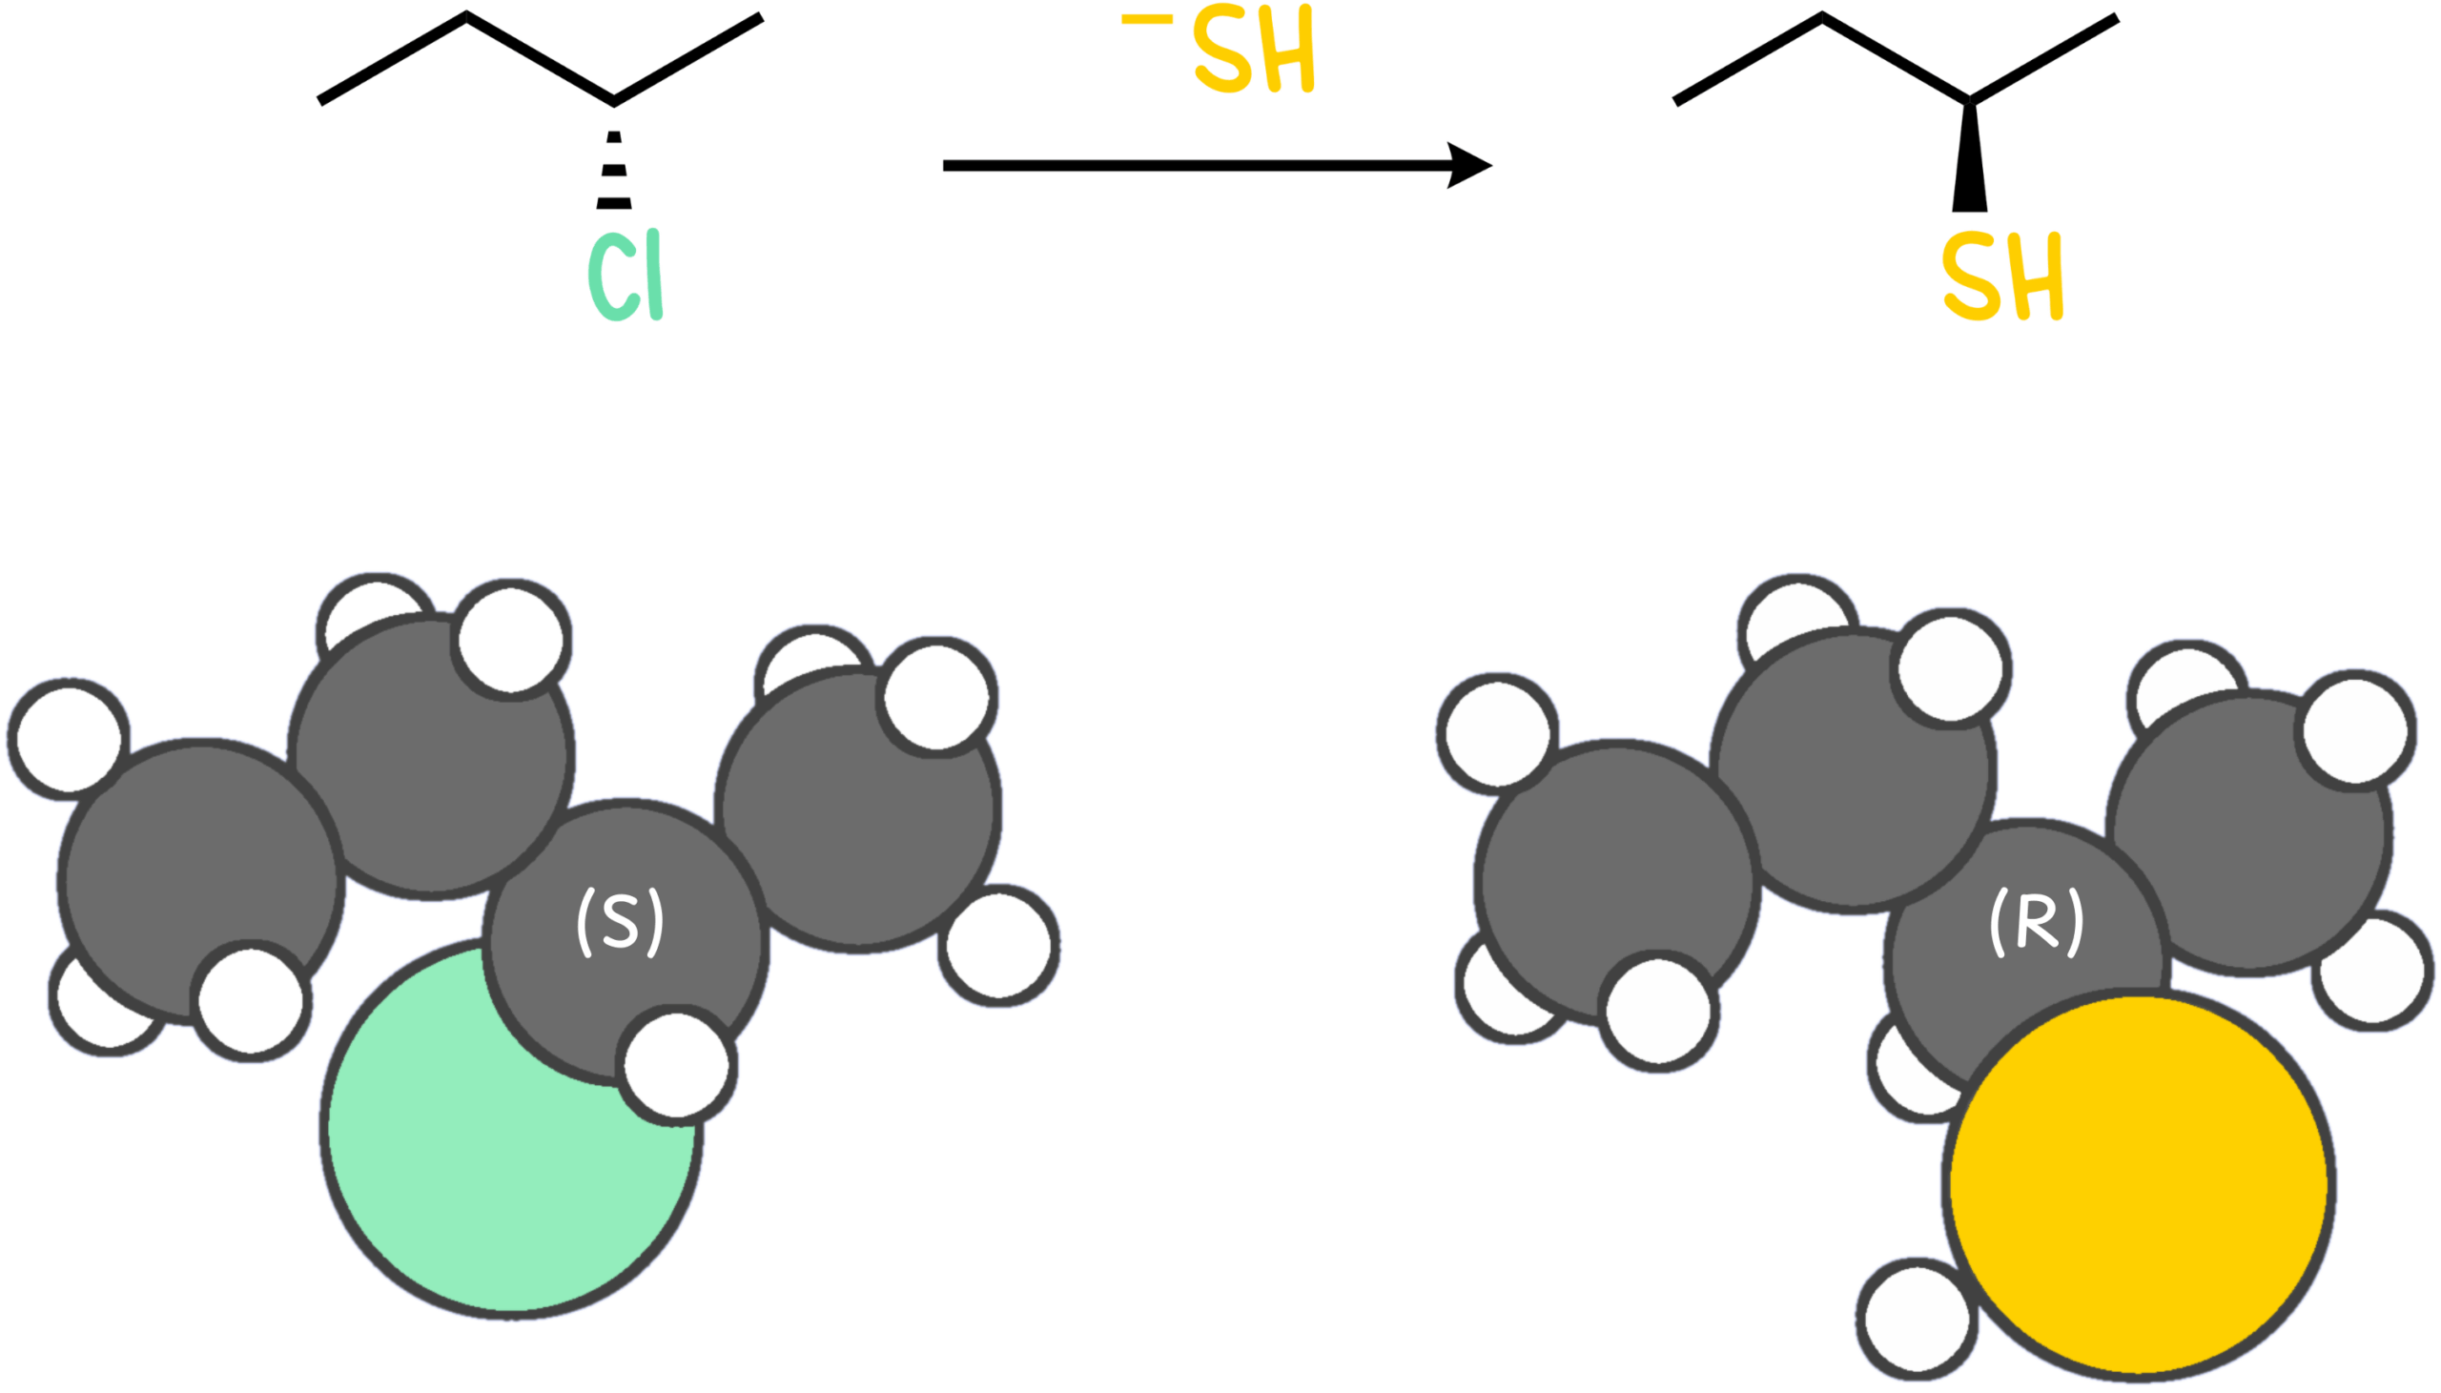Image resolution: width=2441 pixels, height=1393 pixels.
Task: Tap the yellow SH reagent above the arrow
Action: [1254, 51]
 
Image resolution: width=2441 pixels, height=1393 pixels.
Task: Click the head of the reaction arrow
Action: [1469, 166]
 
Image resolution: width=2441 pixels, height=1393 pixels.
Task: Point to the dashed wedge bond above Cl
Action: [614, 170]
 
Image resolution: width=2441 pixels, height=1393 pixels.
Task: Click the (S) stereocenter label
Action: [620, 921]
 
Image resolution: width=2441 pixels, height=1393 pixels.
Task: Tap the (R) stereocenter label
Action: [2037, 921]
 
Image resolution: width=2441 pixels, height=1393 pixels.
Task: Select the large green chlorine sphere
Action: [498, 1148]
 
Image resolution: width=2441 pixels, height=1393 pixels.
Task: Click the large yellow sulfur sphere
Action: [2139, 1184]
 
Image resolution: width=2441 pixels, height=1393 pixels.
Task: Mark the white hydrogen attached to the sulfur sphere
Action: [1917, 1319]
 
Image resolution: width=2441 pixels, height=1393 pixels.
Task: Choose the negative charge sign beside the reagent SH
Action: [1146, 17]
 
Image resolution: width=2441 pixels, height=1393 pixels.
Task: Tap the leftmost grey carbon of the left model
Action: [201, 880]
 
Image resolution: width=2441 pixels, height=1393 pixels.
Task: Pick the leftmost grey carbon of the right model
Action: [1617, 880]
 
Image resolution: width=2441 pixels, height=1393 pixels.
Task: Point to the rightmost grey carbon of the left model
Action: [858, 809]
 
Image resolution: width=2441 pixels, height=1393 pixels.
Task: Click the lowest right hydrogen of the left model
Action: [999, 946]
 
